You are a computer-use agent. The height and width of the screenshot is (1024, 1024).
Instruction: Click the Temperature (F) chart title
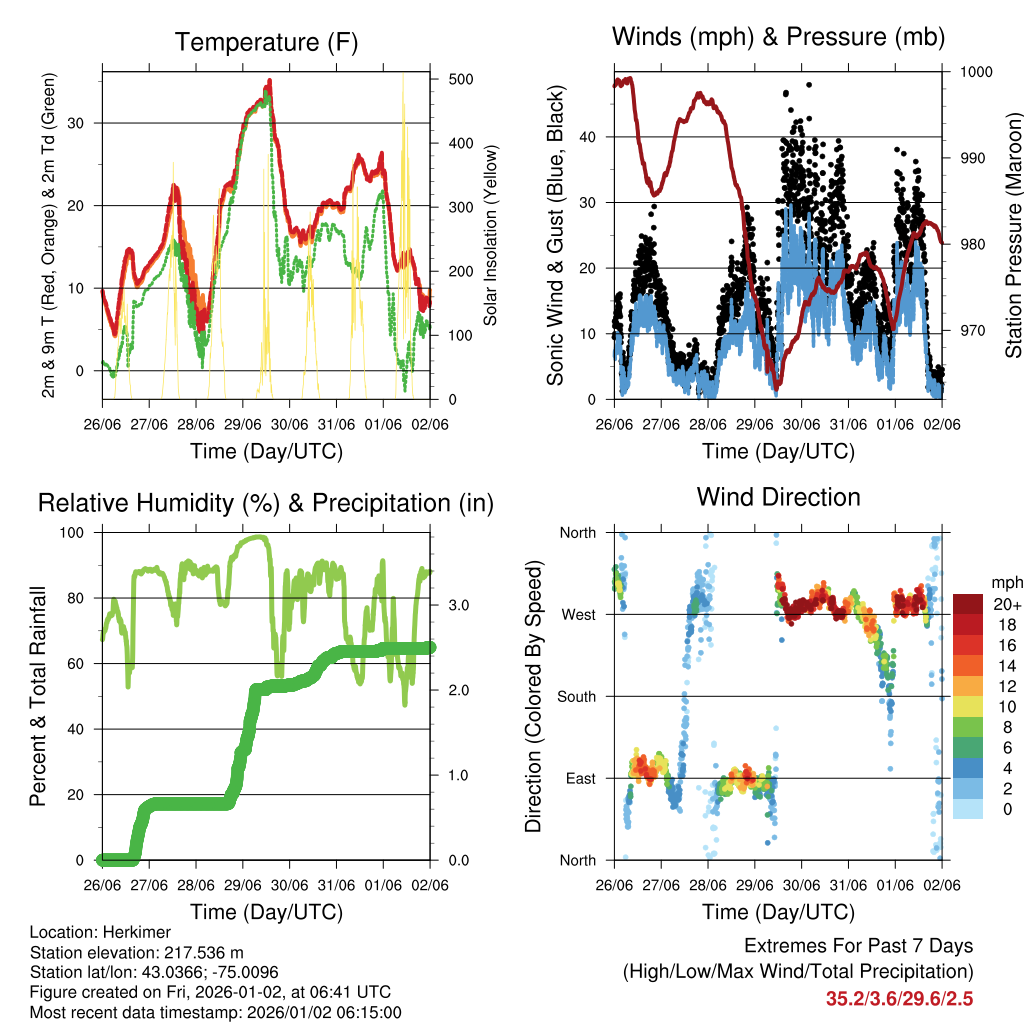(x=265, y=42)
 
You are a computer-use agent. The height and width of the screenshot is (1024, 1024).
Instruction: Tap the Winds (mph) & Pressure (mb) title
(x=778, y=37)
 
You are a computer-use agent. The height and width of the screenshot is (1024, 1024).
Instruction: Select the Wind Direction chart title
(x=778, y=496)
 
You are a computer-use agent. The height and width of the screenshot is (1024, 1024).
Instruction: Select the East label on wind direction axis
(x=578, y=778)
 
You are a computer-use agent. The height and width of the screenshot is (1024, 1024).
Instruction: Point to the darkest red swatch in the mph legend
(x=967, y=604)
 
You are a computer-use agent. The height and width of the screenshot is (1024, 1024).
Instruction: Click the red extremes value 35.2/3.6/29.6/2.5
(x=899, y=998)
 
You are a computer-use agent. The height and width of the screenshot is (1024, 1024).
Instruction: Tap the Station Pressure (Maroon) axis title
(x=1012, y=235)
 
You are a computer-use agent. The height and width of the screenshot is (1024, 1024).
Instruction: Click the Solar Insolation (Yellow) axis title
(x=491, y=235)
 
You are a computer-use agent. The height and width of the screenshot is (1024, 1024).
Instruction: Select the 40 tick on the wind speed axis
(x=588, y=137)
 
